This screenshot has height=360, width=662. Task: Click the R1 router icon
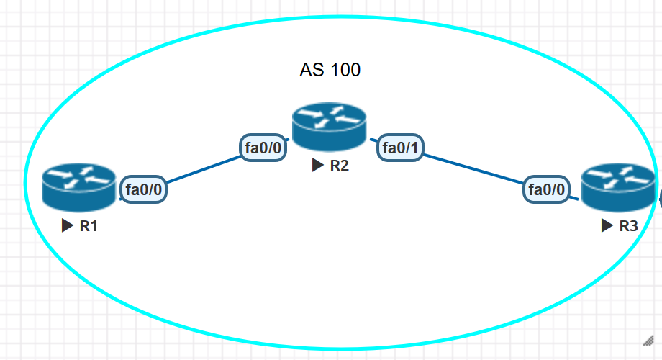click(78, 186)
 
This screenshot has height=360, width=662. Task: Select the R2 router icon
click(329, 126)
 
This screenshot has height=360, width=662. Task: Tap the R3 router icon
click(618, 187)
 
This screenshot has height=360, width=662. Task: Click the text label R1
click(89, 226)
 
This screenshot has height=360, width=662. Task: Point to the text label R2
click(340, 166)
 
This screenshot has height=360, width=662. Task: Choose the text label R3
click(629, 226)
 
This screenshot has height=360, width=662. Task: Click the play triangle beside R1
click(68, 226)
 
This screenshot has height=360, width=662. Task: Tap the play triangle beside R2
click(318, 166)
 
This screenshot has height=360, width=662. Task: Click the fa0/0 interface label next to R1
click(143, 190)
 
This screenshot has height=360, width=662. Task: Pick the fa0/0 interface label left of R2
click(263, 148)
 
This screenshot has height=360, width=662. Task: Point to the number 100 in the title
click(346, 70)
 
